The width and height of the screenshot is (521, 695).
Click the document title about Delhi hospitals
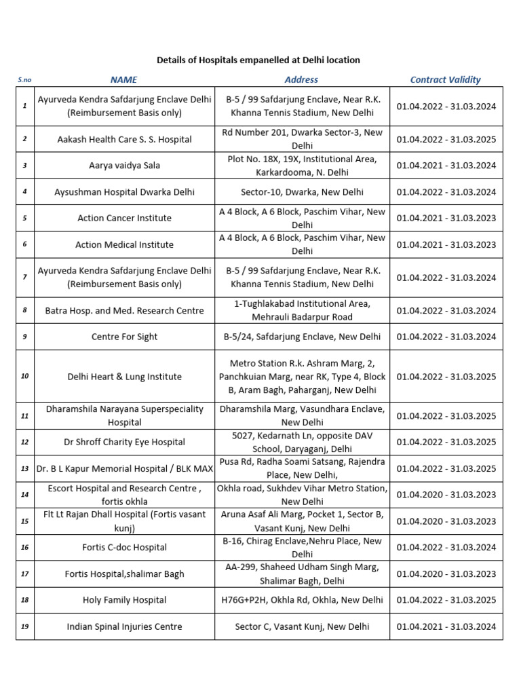pyautogui.click(x=258, y=60)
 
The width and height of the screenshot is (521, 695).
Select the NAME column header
pyautogui.click(x=123, y=79)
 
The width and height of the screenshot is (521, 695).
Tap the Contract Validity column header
pyautogui.click(x=445, y=79)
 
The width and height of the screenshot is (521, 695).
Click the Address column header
pyautogui.click(x=301, y=79)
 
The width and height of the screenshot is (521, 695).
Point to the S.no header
pyautogui.click(x=24, y=80)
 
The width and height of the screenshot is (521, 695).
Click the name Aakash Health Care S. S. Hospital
pyautogui.click(x=124, y=139)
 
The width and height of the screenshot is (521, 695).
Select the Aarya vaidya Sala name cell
pyautogui.click(x=124, y=165)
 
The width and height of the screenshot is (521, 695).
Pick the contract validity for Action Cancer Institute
pyautogui.click(x=446, y=218)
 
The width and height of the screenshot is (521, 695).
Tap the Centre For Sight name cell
pyautogui.click(x=124, y=337)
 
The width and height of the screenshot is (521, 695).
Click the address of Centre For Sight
pyautogui.click(x=302, y=337)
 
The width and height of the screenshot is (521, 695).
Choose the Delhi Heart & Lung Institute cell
pyautogui.click(x=124, y=377)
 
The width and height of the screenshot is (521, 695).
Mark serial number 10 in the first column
pyautogui.click(x=24, y=376)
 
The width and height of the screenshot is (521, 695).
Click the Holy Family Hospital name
pyautogui.click(x=124, y=600)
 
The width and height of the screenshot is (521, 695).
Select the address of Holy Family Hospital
pyautogui.click(x=302, y=600)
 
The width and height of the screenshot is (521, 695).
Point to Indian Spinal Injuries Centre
pyautogui.click(x=124, y=626)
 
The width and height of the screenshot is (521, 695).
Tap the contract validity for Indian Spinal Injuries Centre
pyautogui.click(x=446, y=626)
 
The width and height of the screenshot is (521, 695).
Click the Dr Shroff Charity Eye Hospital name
pyautogui.click(x=124, y=442)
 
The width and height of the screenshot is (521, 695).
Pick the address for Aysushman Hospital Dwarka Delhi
pyautogui.click(x=302, y=192)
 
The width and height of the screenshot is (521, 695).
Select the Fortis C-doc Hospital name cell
pyautogui.click(x=124, y=547)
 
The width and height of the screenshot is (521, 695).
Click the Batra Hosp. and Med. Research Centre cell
pyautogui.click(x=124, y=311)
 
